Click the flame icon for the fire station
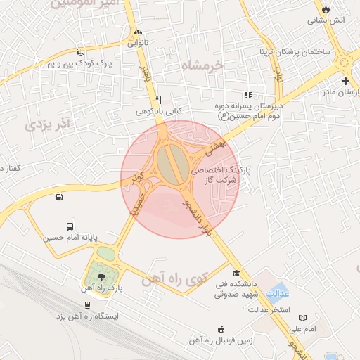coord(325,8)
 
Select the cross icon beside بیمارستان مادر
coord(345,81)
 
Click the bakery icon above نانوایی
coord(139,32)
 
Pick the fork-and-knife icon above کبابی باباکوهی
coord(159,100)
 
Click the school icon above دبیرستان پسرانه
coord(247,95)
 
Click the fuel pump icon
coord(58,198)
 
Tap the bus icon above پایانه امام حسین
coord(70,226)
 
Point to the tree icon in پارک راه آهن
coord(103,277)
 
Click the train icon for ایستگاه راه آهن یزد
coord(86,305)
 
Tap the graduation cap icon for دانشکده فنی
coord(237,274)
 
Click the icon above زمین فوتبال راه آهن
coord(221,329)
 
